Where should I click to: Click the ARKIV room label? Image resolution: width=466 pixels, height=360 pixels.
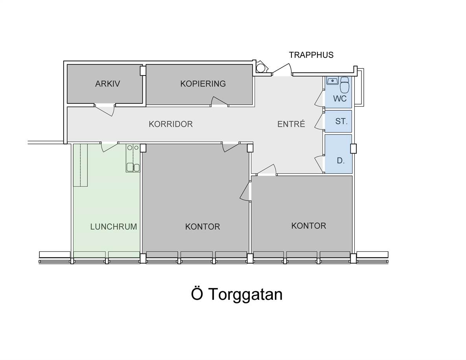click(107, 84)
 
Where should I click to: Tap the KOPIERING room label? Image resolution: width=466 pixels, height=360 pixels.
click(203, 84)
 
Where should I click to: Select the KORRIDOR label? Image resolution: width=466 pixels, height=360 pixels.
click(171, 124)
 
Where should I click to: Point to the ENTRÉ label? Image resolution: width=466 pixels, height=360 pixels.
click(291, 124)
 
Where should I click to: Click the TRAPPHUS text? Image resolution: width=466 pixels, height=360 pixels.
click(311, 55)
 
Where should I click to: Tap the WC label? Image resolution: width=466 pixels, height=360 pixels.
click(340, 98)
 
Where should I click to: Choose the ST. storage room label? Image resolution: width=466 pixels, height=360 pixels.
click(341, 121)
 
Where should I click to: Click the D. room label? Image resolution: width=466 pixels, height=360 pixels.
click(341, 161)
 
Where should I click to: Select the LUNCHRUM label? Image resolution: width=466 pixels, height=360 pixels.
click(114, 227)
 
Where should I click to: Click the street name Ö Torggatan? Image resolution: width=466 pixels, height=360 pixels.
click(237, 294)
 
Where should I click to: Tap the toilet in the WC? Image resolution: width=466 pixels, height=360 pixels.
click(344, 85)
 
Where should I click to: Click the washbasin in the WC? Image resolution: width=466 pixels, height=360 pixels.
click(332, 81)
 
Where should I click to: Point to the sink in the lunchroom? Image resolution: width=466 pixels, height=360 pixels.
click(133, 168)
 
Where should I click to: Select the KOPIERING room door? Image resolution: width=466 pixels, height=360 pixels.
click(219, 101)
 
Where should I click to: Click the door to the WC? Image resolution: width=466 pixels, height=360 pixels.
click(320, 99)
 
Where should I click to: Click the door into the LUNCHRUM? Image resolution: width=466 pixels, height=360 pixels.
click(109, 147)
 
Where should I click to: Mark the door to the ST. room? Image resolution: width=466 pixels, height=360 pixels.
click(320, 122)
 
